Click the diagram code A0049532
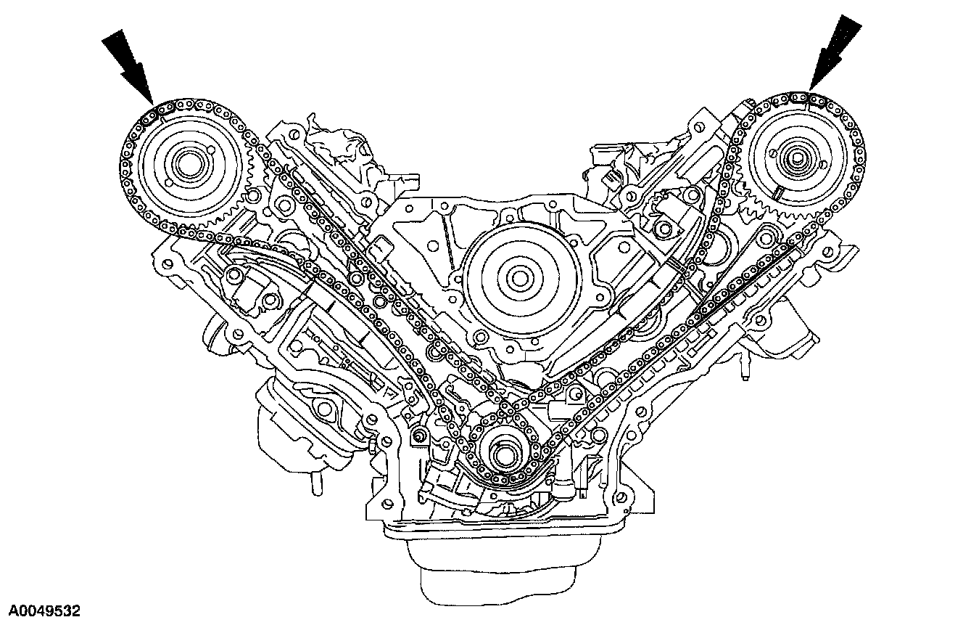(45, 611)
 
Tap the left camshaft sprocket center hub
(189, 166)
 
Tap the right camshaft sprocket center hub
(797, 158)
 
